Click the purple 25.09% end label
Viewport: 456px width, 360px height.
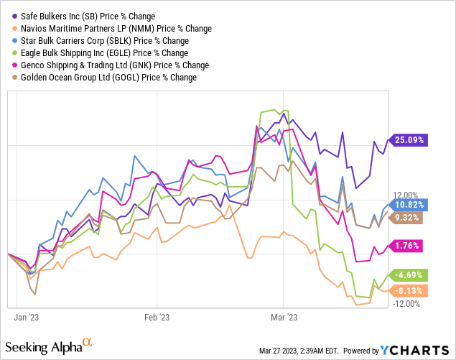(410, 140)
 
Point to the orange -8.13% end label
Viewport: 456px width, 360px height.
(410, 290)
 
